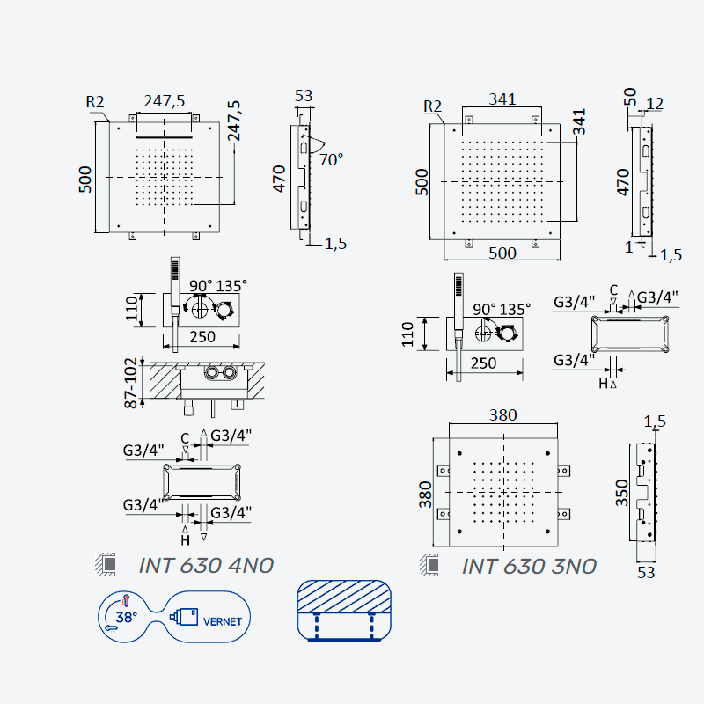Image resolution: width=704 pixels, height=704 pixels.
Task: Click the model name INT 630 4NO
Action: (206, 566)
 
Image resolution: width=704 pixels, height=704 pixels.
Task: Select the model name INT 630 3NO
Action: (530, 567)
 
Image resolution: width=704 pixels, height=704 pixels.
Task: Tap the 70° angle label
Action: (332, 160)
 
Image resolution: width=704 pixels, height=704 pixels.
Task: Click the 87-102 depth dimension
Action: (130, 383)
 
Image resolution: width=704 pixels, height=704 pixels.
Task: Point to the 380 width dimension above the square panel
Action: (502, 414)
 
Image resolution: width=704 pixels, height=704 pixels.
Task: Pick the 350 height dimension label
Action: (622, 493)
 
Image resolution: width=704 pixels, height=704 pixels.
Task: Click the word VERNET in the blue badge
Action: (223, 622)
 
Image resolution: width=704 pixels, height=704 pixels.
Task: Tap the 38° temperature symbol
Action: (126, 618)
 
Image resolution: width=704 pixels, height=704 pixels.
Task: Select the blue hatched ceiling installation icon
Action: (344, 611)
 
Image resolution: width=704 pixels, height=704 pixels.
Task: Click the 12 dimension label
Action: (655, 104)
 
